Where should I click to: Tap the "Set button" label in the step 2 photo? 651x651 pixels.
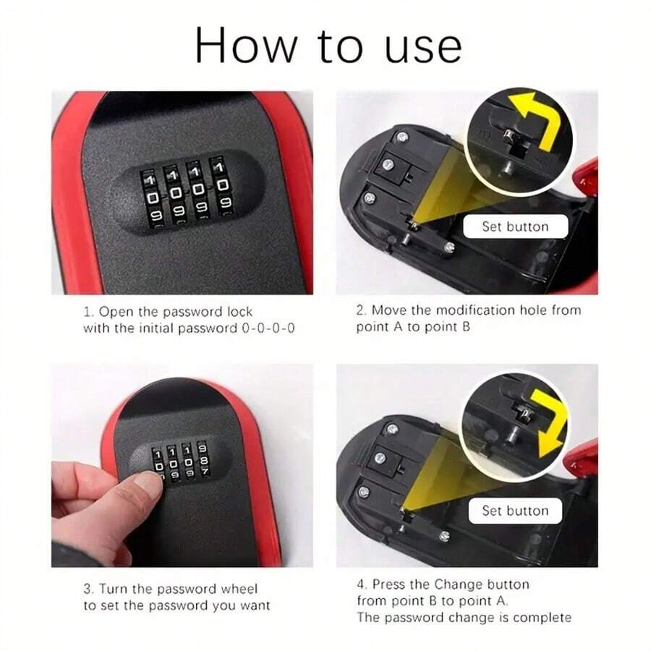coord(515,226)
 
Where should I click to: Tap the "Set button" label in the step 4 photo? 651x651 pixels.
coord(515,511)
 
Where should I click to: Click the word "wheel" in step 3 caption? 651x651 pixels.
coord(239,589)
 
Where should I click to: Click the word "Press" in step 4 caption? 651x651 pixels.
coord(390,584)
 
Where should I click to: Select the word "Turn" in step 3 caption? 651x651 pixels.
coord(114,589)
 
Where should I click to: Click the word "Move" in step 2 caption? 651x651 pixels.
coord(389,310)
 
